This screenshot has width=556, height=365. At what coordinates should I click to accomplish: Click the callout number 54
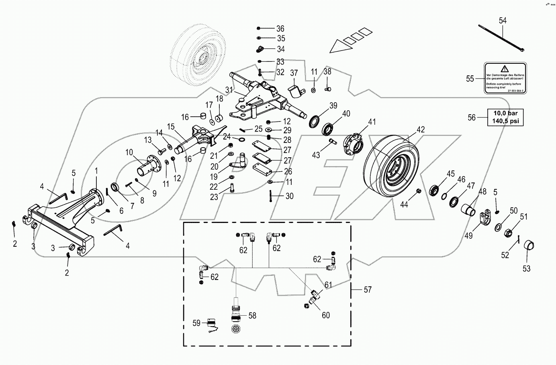point(503,20)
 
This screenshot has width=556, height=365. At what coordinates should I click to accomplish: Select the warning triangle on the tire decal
point(505,69)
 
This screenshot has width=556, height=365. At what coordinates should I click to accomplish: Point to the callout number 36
point(280,28)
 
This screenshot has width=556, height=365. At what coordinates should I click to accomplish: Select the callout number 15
point(171,127)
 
